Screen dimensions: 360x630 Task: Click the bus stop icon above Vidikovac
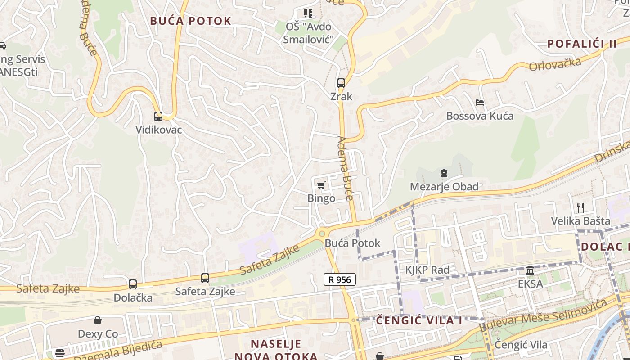click(158, 117)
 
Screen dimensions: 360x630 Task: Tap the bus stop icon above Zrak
click(341, 83)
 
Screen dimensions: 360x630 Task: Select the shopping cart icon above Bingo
click(321, 185)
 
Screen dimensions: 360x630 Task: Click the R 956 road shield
click(340, 279)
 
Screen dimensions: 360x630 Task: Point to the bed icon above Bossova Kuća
click(480, 103)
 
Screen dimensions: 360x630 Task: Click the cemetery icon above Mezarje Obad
click(444, 173)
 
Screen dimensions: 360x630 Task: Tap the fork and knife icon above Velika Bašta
click(580, 207)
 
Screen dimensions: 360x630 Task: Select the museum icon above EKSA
click(530, 270)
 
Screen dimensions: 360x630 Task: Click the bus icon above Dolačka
click(133, 284)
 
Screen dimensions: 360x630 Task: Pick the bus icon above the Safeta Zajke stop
click(205, 278)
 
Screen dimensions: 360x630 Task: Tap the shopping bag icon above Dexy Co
click(98, 320)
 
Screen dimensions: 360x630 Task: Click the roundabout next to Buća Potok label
click(321, 234)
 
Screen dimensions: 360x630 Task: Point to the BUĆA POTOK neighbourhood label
click(191, 21)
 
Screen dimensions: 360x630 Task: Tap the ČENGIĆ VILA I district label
click(419, 320)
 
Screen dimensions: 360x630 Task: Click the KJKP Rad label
click(427, 270)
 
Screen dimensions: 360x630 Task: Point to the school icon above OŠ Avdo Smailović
click(308, 13)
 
